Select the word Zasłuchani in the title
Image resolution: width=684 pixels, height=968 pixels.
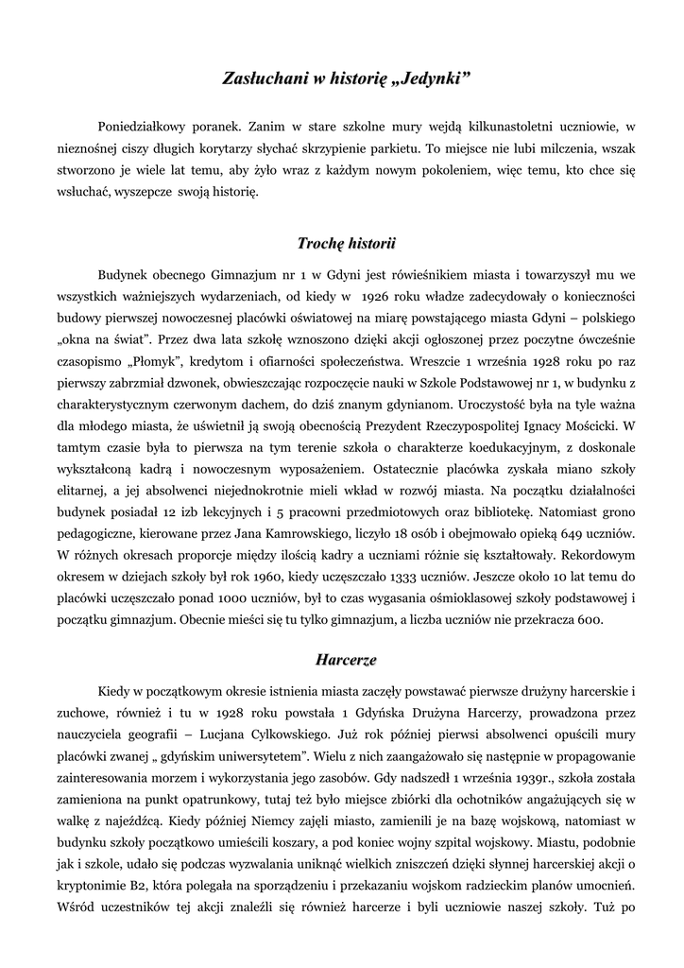(260, 77)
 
